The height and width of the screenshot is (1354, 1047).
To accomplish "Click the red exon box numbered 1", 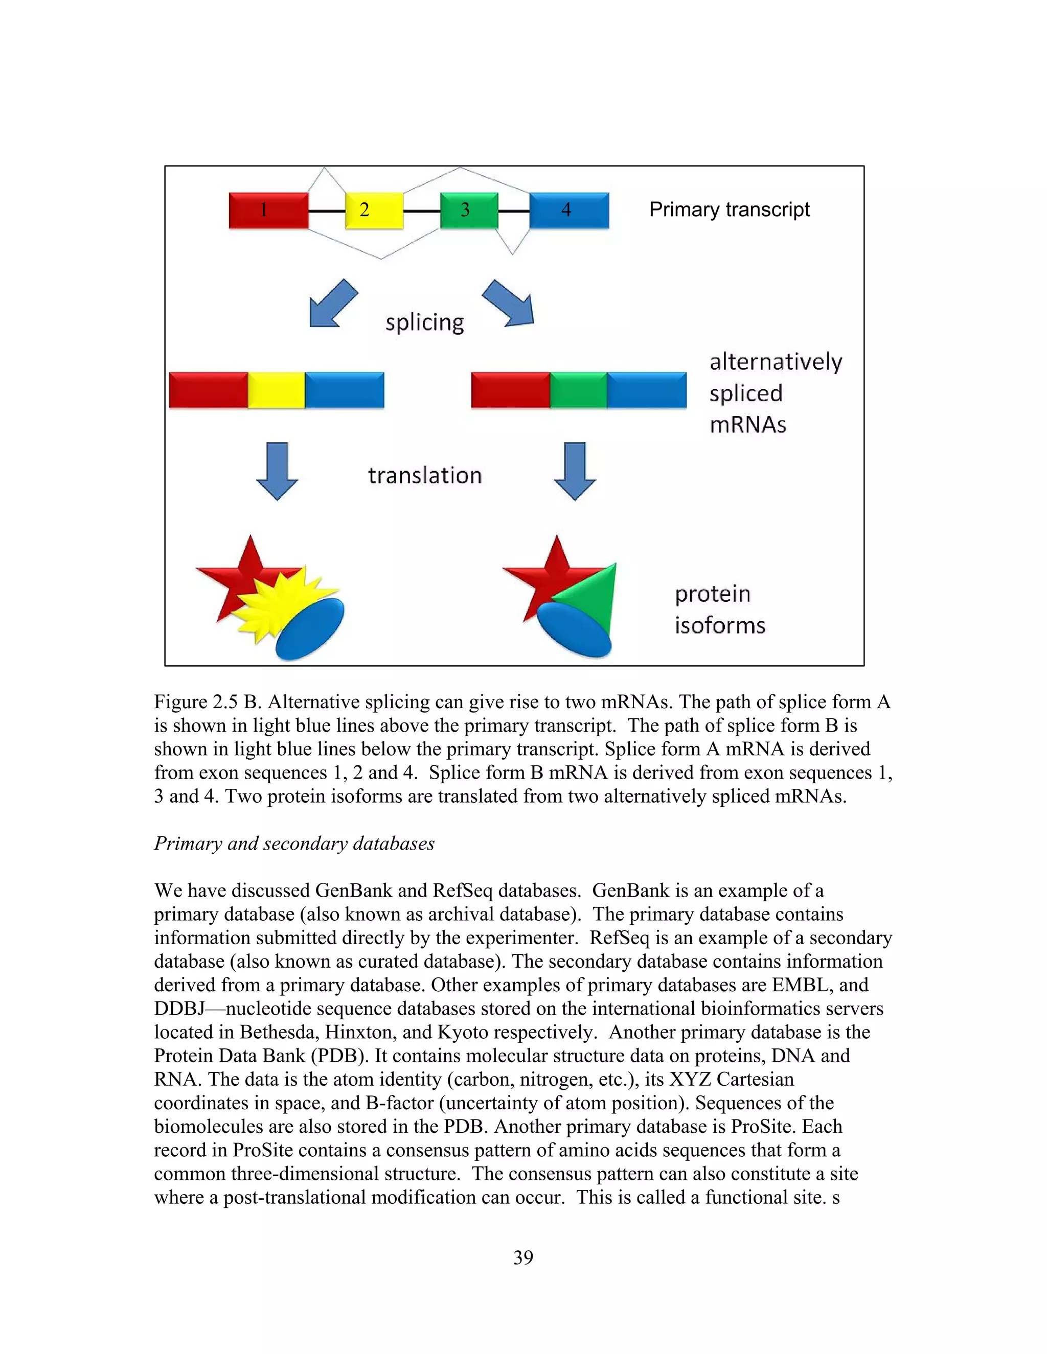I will (x=268, y=210).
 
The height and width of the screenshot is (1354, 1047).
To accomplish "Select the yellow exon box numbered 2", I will (x=374, y=210).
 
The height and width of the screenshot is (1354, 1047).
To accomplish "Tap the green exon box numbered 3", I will (x=469, y=210).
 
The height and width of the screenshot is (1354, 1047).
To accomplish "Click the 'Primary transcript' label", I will (x=729, y=209).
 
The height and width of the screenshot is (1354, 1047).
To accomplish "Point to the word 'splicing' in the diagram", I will (x=424, y=323).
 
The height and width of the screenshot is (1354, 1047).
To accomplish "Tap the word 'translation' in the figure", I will (x=424, y=476).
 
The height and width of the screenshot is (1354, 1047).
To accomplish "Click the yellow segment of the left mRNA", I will (x=276, y=390).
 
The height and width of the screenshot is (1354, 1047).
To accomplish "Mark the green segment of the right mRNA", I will (x=578, y=390).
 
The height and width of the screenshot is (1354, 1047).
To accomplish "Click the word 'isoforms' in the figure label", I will (x=719, y=625).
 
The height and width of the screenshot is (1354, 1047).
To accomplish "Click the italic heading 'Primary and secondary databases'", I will (x=294, y=844).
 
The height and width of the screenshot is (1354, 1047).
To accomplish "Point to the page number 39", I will (x=523, y=1257).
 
